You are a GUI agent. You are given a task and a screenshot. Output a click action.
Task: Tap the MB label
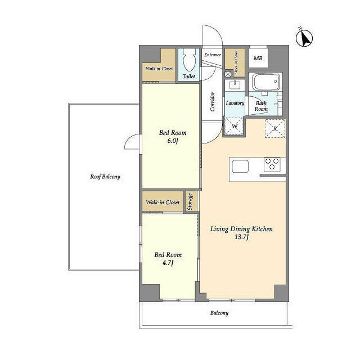pos(257,58)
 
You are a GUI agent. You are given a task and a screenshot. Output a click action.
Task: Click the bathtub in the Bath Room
pos(265,83)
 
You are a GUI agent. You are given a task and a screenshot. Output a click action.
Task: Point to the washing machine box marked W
pos(235,127)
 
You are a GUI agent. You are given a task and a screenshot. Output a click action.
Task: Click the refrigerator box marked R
pos(274,128)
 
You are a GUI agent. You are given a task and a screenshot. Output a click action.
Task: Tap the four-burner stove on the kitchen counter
pos(273,165)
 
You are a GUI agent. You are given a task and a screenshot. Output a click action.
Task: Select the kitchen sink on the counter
pos(240,166)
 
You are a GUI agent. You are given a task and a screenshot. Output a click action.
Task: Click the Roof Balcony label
pos(105,177)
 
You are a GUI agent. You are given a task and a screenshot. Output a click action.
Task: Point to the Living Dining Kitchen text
pos(242,229)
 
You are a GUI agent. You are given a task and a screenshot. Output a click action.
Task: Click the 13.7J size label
pos(242,237)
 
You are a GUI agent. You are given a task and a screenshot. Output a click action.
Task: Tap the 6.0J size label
pos(172,141)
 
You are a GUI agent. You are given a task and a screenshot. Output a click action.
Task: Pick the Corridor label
pos(213,102)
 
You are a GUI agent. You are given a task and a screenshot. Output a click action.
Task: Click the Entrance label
pos(211,55)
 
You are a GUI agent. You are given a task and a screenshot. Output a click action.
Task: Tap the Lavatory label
pos(235,103)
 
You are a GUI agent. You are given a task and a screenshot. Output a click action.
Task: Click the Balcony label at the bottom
pos(219,313)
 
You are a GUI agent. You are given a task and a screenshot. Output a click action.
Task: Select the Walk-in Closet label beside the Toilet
pos(160,69)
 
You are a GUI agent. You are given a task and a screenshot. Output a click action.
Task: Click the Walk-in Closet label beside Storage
pos(163,202)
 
